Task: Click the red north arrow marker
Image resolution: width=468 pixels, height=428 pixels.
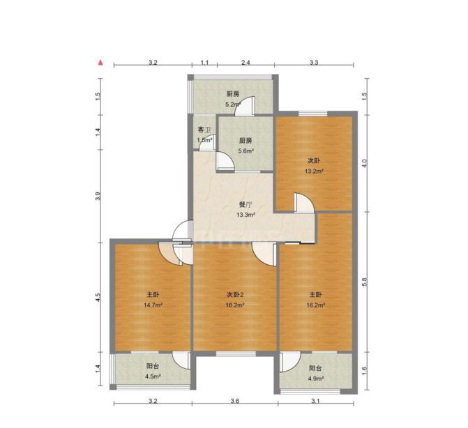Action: click(x=101, y=63)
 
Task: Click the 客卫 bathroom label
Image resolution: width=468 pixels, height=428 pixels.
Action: click(x=204, y=130)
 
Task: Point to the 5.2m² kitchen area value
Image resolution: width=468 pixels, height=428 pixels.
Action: click(x=233, y=105)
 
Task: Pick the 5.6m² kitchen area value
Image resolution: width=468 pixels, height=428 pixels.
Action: click(x=246, y=151)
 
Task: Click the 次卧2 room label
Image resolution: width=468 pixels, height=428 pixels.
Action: click(x=235, y=295)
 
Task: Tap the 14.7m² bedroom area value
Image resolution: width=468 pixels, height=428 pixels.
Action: click(x=153, y=305)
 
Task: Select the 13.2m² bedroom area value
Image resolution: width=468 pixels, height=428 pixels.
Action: click(x=314, y=171)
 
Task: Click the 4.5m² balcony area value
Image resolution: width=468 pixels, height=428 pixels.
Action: click(x=153, y=376)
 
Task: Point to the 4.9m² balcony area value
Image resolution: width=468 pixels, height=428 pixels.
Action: click(x=316, y=379)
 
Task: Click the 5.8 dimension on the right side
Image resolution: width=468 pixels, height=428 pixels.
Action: click(x=364, y=282)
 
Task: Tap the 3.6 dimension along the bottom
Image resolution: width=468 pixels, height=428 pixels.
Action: click(x=235, y=401)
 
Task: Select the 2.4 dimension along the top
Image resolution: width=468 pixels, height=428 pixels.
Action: click(x=246, y=62)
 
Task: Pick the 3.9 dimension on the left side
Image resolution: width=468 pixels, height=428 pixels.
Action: click(x=98, y=196)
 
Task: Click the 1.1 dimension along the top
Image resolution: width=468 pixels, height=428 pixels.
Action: click(x=204, y=62)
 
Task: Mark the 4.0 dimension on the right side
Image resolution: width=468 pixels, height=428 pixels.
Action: click(x=364, y=163)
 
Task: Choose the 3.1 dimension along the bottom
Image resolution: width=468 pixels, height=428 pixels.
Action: click(x=315, y=401)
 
